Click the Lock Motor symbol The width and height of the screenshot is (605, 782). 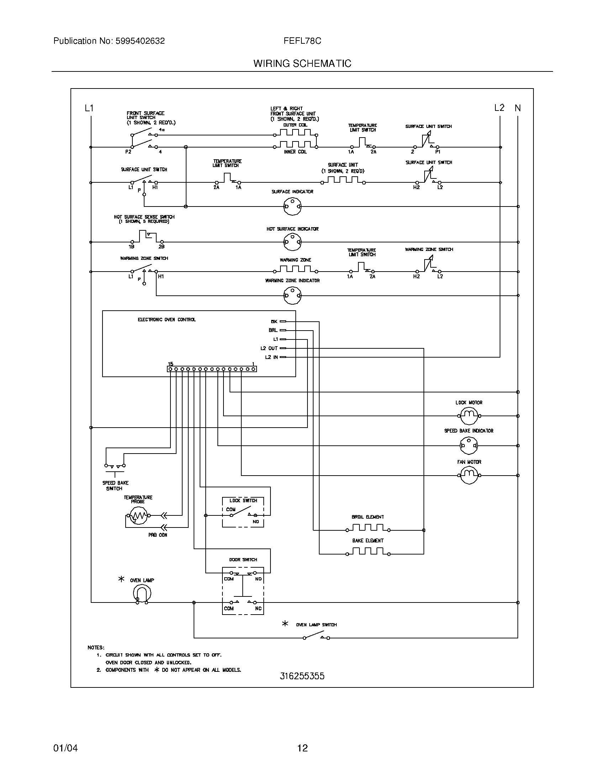pos(469,416)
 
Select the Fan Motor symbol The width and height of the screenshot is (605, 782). pos(469,475)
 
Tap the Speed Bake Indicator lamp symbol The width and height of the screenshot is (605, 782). pos(469,446)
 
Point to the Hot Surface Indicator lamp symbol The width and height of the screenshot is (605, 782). pos(293,242)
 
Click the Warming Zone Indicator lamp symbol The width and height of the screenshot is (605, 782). pos(293,295)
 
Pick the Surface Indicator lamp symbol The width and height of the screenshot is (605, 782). pos(293,207)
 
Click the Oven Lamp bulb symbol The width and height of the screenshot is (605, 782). pos(142,594)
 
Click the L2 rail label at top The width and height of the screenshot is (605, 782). pos(499,108)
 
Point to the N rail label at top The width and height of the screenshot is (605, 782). pos(517,108)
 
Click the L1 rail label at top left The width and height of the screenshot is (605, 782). pos(89,108)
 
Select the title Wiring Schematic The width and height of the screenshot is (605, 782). pos(302,63)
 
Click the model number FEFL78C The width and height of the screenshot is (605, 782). pos(302,41)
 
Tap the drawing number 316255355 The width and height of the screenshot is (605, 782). pos(302,676)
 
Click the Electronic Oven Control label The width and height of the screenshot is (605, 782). pos(167,320)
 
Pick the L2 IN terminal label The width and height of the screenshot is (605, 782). pos(271,357)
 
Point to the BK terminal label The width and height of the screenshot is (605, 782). pos(274,322)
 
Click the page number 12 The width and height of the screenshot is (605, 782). pos(302,748)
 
